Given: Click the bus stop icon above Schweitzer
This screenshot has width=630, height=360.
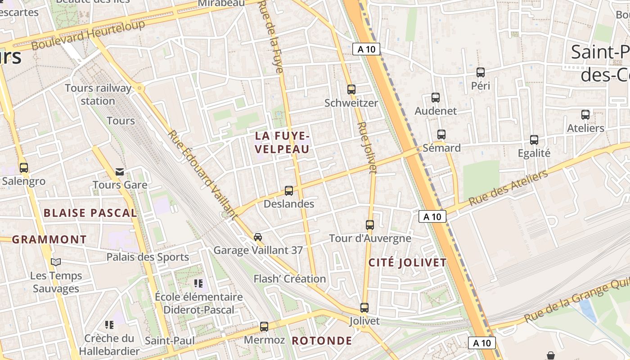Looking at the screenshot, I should (x=351, y=89).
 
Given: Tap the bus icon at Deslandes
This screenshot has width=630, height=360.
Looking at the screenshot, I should (x=289, y=190).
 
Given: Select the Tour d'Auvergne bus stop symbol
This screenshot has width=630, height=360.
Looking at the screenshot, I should (x=370, y=225).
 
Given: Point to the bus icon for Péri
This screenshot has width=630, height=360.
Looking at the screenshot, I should (x=481, y=72).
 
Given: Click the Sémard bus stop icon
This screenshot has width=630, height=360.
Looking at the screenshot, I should (x=441, y=134).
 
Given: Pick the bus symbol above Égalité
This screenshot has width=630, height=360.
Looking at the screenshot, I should (x=534, y=139).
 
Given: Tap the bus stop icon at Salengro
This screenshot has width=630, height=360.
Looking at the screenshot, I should (x=24, y=168).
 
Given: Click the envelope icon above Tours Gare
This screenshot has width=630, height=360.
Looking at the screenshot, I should (x=120, y=171).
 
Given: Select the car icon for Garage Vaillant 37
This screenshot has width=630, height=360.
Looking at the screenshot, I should (x=258, y=237).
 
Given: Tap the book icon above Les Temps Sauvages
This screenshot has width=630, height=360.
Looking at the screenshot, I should (x=56, y=262).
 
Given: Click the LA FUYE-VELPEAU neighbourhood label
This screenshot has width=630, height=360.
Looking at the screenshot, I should (x=282, y=142).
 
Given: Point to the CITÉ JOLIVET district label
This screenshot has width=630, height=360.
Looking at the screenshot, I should (x=407, y=263).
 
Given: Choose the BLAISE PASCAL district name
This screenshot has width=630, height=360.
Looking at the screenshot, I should (x=90, y=213).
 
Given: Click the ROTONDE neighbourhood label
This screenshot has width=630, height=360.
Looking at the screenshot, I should (x=322, y=340).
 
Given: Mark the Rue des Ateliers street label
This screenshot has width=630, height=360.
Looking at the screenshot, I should (x=508, y=188).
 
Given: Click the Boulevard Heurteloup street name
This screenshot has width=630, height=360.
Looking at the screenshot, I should (x=88, y=35).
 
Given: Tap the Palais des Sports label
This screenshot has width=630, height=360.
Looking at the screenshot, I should (x=148, y=257).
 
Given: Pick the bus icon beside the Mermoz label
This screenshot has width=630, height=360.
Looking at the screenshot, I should (x=264, y=326).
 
